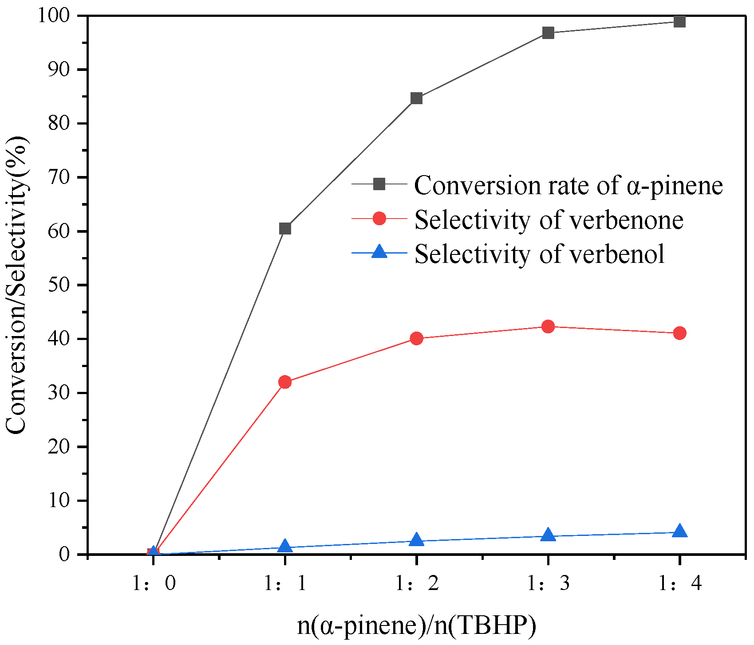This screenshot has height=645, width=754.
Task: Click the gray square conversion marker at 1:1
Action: coord(285,229)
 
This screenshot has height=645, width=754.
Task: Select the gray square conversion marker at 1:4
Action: coord(679,21)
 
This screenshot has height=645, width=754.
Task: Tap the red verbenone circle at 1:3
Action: coord(548,327)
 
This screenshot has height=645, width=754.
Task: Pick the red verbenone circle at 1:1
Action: coord(285,382)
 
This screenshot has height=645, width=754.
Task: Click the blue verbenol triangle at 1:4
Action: coord(679,531)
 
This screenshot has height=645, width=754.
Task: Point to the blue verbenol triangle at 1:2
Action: coord(416,540)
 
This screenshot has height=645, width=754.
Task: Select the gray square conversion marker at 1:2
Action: coord(416,98)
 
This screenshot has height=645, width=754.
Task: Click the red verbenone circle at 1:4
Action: coord(679,333)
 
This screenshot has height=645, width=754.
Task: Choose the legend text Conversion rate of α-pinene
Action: coord(568,185)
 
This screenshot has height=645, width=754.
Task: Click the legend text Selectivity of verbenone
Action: coord(549,220)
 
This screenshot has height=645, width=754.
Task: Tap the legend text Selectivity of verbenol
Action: coord(539,254)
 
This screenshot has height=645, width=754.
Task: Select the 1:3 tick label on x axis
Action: coord(548,583)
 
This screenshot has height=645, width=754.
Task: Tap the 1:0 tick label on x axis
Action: coord(154,583)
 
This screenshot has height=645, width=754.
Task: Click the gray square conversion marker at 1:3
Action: coord(548,33)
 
